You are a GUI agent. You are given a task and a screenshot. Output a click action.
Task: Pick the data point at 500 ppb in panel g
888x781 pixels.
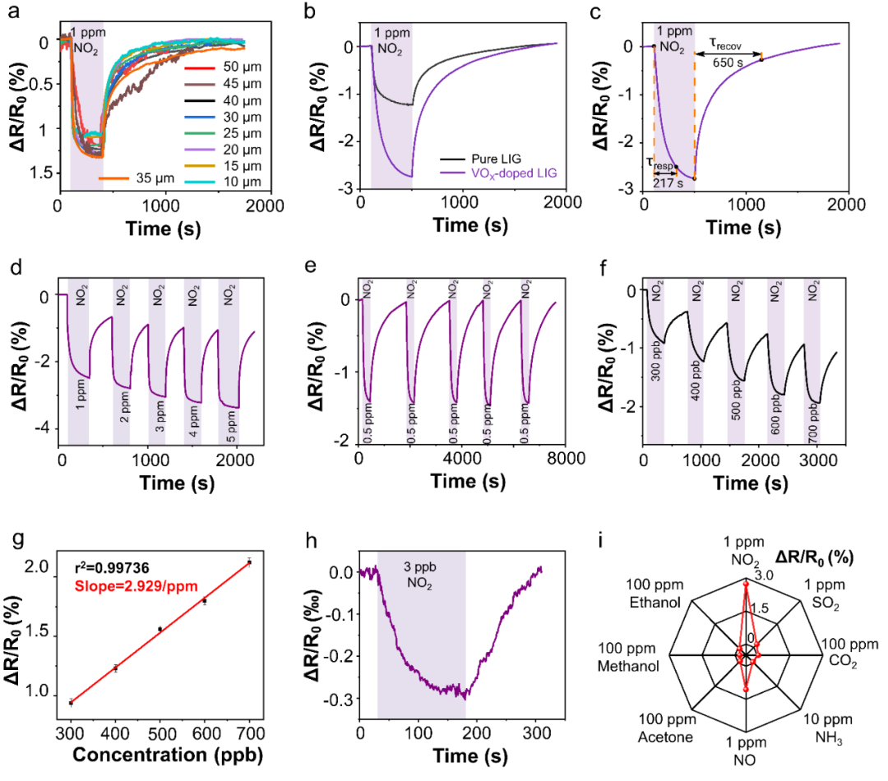(160, 629)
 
